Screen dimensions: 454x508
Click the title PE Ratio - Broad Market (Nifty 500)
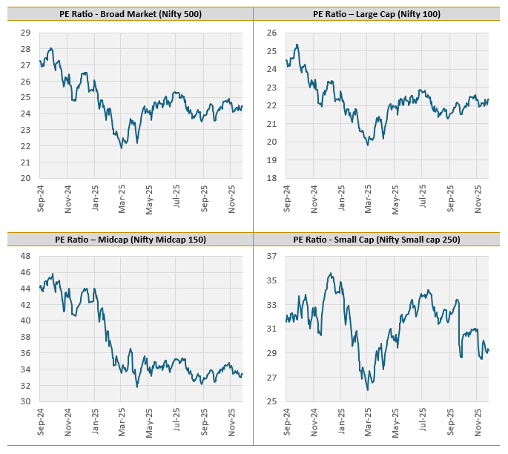[130, 14]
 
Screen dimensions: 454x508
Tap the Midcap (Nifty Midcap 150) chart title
[130, 240]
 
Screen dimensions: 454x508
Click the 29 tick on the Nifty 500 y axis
[25, 33]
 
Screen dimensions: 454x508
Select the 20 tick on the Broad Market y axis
[25, 178]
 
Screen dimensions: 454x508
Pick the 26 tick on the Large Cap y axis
[272, 33]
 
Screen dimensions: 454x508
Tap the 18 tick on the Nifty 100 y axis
[272, 178]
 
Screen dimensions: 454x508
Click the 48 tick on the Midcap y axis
[25, 256]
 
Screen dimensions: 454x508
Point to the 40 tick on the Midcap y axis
[25, 320]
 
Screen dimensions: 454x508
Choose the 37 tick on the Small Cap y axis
[272, 256]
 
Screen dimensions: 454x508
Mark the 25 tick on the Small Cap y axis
[272, 401]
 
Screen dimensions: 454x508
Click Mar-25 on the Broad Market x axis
[121, 202]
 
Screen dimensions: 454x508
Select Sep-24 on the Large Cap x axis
[287, 202]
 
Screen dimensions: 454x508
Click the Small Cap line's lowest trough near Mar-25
[368, 389]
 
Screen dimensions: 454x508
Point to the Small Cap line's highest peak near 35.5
[330, 273]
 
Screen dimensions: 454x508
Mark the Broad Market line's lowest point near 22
[122, 148]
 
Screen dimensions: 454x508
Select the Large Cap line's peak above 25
[297, 45]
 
